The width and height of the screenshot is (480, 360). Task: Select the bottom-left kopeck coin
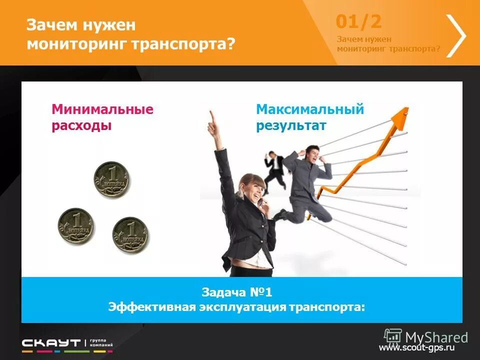pos(75,226)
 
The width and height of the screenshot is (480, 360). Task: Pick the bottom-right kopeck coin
pos(130,234)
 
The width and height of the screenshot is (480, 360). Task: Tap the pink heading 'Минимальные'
pos(102,109)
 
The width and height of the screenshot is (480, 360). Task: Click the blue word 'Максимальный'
pos(310,109)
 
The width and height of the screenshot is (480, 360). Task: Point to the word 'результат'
pos(291,125)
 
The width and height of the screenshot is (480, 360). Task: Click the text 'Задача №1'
pos(236,292)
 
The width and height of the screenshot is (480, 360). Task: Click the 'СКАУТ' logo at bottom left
pos(51,343)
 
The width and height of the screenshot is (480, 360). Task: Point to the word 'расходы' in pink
pos(81,125)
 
